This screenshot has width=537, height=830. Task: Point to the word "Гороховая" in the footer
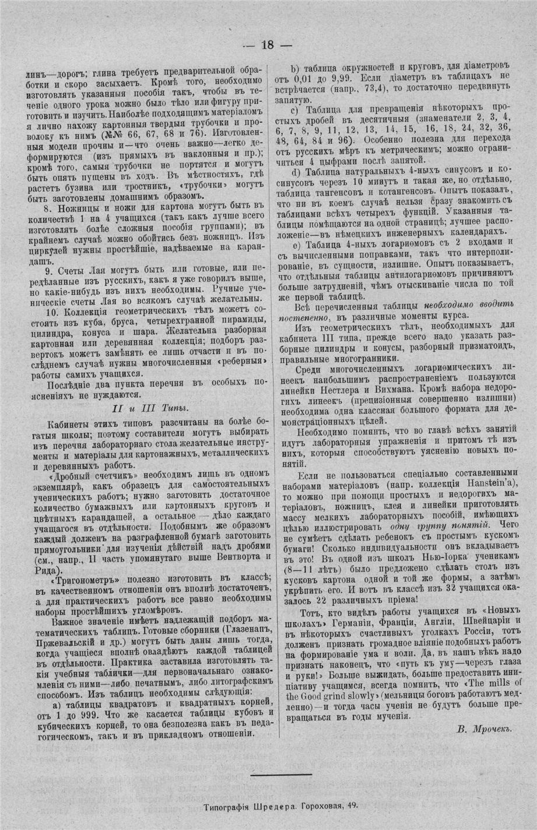pyautogui.click(x=322, y=804)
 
